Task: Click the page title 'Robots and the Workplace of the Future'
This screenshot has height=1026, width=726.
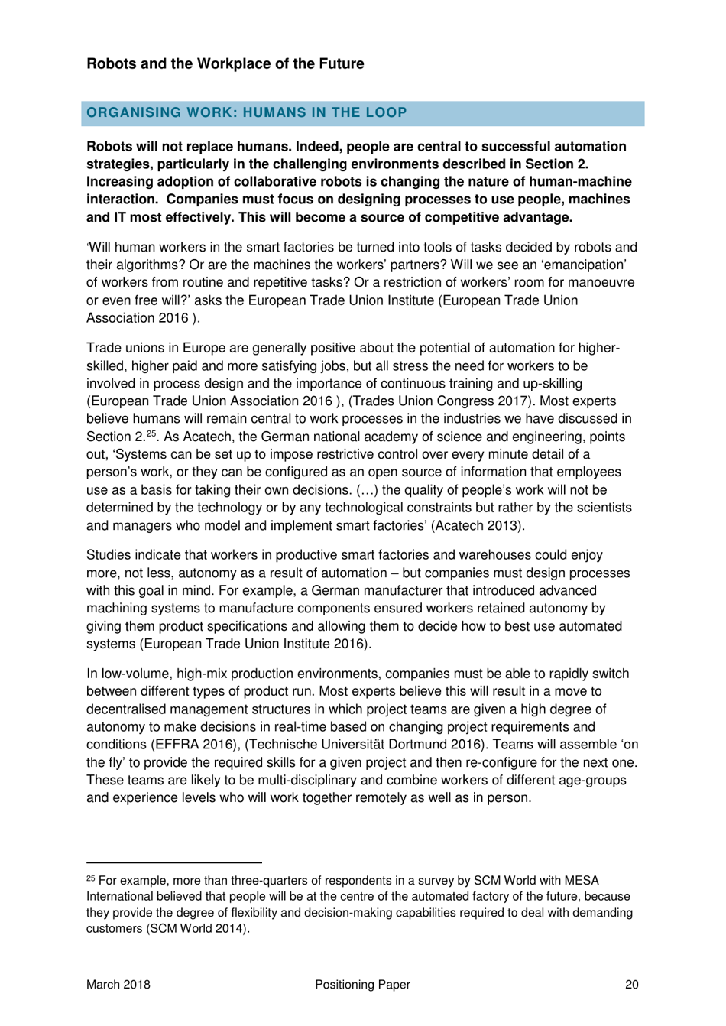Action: tap(225, 63)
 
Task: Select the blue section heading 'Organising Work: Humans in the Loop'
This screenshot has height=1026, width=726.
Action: tap(246, 112)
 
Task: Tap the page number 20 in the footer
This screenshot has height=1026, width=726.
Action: tap(631, 985)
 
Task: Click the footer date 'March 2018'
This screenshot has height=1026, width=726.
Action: tap(118, 985)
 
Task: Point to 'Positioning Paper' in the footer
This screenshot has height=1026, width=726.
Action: tap(362, 985)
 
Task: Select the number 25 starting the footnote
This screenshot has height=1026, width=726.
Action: tap(91, 879)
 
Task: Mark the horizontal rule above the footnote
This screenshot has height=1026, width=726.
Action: tap(173, 861)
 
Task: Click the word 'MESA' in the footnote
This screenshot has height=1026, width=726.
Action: tap(582, 881)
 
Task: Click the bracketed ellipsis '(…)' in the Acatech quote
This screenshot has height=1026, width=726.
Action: tap(367, 490)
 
